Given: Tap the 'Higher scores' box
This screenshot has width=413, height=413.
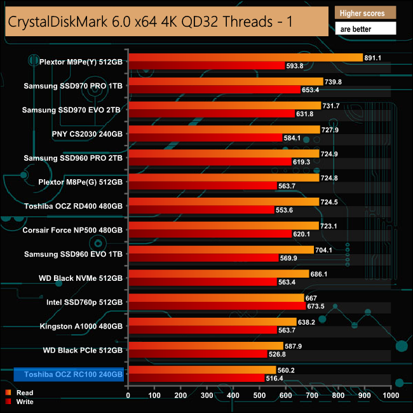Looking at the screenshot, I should (365, 13).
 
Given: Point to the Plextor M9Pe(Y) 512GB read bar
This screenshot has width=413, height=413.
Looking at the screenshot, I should (245, 57).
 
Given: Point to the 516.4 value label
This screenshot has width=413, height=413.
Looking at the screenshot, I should (274, 378).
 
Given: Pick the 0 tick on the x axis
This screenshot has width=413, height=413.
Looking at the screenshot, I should (128, 395).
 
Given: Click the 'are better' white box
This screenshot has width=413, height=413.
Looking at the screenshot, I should (365, 29).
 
